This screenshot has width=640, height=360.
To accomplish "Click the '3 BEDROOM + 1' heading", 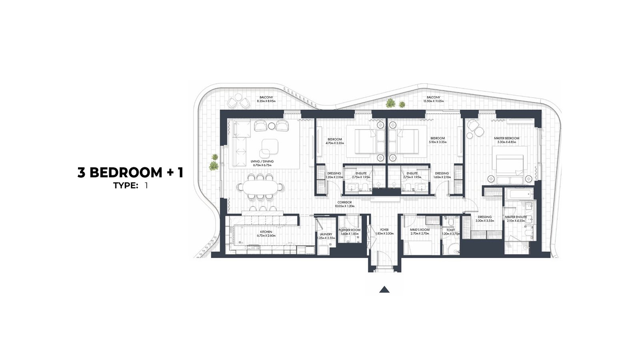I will point(130,173).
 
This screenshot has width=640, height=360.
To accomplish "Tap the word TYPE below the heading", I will point(125,186).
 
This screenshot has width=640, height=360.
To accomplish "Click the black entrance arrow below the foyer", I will point(384,290).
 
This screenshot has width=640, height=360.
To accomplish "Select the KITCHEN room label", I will point(266,232).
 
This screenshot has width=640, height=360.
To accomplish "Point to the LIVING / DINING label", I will point(262,162).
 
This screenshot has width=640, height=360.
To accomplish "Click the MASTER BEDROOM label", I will point(506,138).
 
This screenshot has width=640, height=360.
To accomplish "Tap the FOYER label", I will point(384,230).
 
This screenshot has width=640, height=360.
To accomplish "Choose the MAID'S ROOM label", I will point(420,230).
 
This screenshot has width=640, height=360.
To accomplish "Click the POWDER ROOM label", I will point(349,230).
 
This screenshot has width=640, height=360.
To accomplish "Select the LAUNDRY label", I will point(326,234).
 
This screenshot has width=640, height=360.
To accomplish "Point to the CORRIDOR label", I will point(344,203).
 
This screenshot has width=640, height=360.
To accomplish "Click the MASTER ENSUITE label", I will point(516,217).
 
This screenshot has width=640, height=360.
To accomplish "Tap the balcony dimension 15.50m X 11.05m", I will point(433,101).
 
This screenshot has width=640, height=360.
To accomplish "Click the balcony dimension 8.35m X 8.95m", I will point(266,101).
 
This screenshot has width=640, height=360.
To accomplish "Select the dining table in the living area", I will point(261,186).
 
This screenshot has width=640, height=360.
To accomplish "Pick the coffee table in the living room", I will point(268,148).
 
